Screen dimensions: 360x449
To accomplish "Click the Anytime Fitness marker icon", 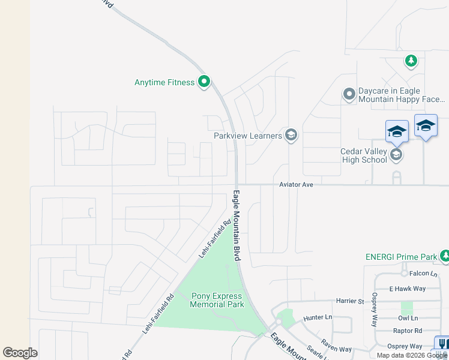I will click(204, 82).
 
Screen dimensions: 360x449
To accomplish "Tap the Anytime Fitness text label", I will click(164, 82).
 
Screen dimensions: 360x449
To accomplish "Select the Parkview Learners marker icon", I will click(291, 135).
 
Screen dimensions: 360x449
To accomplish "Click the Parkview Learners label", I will click(248, 136).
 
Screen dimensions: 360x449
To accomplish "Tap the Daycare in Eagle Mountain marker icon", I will click(349, 94).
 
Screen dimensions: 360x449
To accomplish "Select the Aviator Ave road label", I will click(297, 185).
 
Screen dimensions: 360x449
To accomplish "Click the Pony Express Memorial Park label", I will click(217, 300).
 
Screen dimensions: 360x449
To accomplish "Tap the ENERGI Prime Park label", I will click(401, 257).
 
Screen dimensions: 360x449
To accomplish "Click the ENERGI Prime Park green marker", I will click(445, 256).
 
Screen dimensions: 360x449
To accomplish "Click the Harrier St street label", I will click(351, 301).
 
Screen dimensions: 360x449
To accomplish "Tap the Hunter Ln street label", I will click(318, 317).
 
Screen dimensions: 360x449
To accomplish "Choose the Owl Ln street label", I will click(408, 318).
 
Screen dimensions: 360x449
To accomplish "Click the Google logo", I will click(20, 353).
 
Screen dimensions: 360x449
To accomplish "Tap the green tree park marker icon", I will click(411, 61).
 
